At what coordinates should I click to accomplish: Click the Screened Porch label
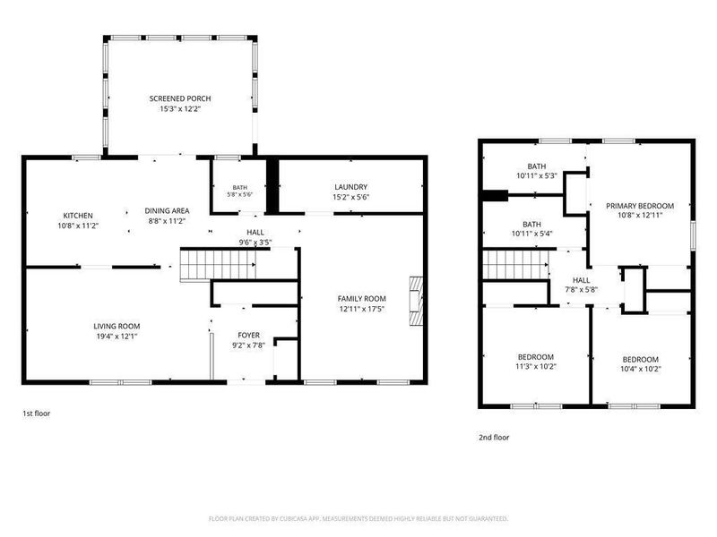point(180,98)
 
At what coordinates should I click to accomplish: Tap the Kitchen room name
point(78,216)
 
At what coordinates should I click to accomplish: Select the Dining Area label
point(167,211)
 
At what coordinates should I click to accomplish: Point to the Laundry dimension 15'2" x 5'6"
point(350,197)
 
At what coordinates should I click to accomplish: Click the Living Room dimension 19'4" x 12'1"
point(117,337)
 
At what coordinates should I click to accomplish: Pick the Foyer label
point(249,336)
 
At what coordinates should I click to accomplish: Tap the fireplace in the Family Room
point(416,301)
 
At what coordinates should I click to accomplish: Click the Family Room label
point(362,299)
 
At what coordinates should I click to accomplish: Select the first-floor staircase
point(218,265)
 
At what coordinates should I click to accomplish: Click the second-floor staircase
point(516,264)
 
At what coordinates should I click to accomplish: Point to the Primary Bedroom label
point(640,206)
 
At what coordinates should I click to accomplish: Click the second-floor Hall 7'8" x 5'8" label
point(581,285)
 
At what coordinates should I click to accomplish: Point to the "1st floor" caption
point(37,413)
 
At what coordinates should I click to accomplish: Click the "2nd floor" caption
point(494,438)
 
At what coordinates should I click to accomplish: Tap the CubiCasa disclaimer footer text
point(358,519)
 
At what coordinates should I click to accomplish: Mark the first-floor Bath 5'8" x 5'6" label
point(239,191)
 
